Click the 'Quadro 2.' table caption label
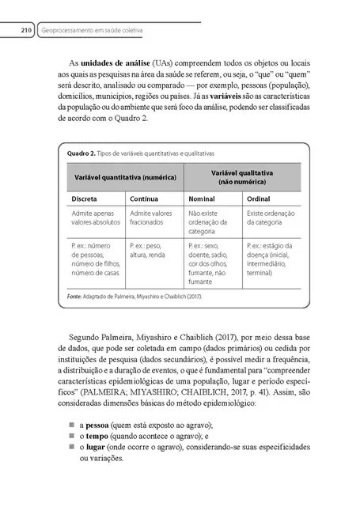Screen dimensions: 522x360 [81, 153]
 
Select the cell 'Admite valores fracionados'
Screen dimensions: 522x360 [152, 219]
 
